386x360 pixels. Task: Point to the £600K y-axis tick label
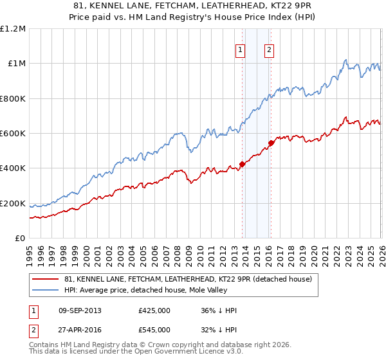point(13,134)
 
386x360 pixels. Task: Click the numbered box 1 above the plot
point(240,50)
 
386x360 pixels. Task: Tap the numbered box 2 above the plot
point(268,50)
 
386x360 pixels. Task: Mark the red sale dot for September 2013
point(242,164)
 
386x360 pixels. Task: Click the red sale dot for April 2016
point(271,143)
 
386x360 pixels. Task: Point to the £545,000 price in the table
point(154,329)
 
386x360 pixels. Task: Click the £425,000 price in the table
point(154,310)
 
